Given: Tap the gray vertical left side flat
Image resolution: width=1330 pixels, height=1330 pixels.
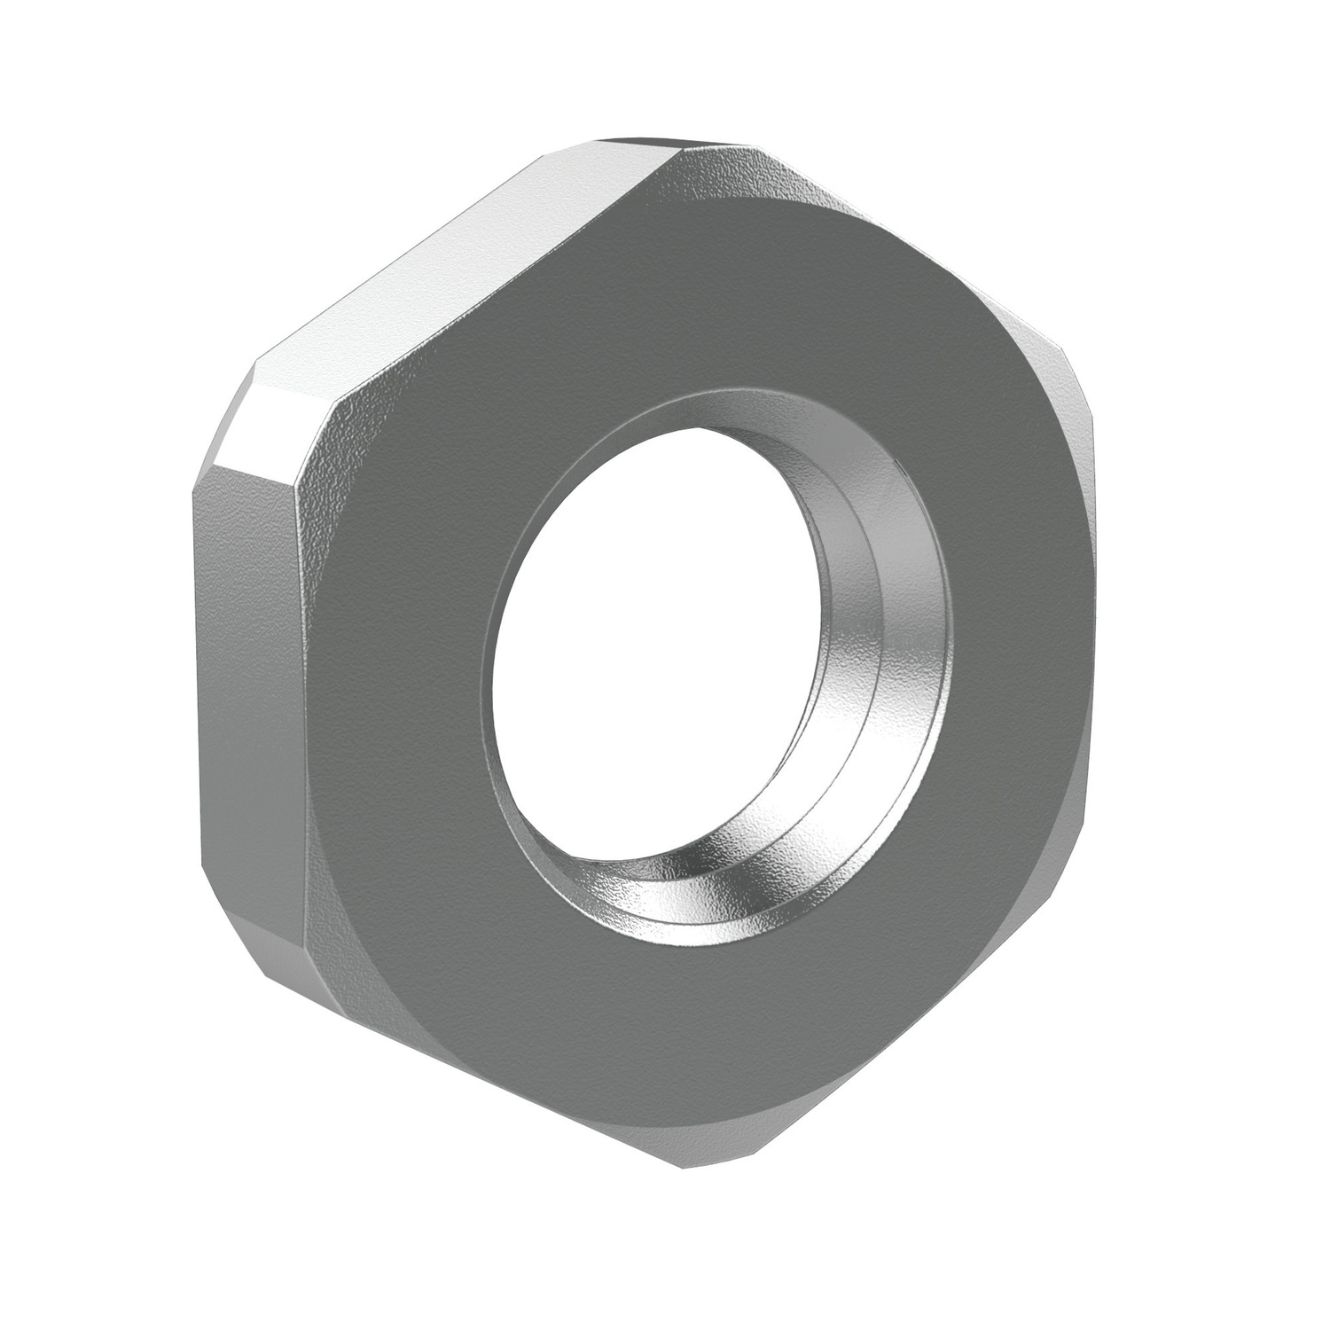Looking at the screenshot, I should (248, 674).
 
